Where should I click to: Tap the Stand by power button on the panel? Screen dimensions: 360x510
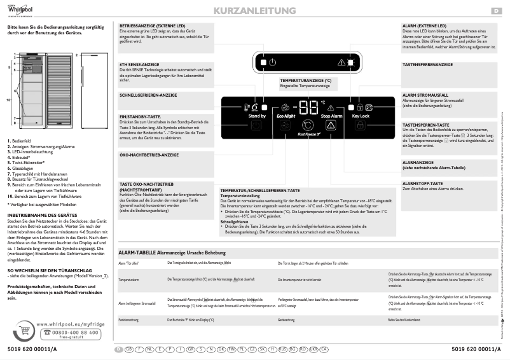(x=257, y=126)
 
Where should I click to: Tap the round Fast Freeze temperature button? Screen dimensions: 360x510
(x=308, y=125)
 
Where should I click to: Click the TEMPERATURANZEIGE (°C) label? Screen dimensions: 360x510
(x=305, y=81)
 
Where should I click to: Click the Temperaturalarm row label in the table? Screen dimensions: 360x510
(x=129, y=279)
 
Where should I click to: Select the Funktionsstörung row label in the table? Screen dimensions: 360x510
(x=130, y=320)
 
